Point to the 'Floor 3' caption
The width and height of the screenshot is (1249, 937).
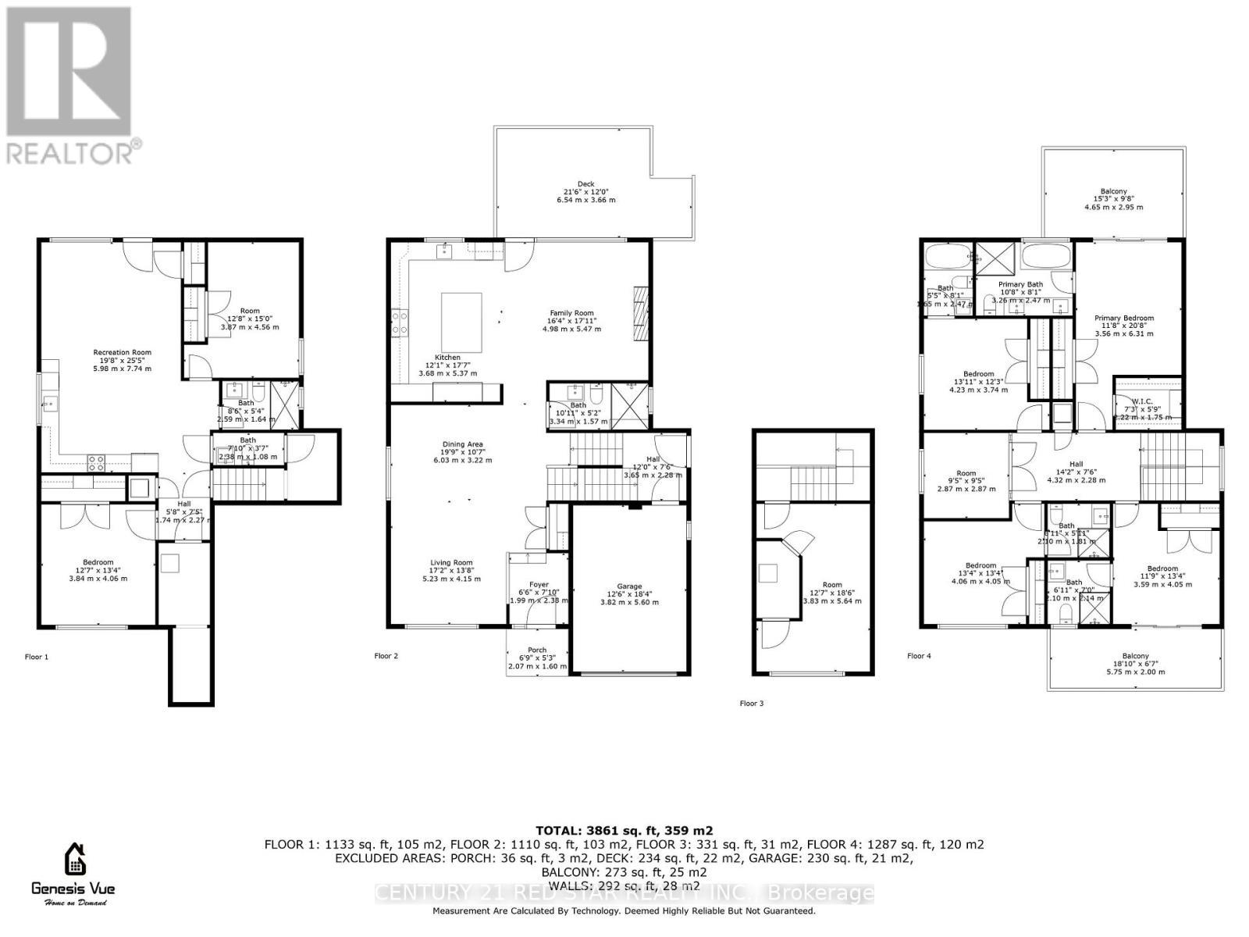tap(752, 704)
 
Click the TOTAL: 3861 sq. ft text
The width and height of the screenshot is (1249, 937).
tap(624, 831)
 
